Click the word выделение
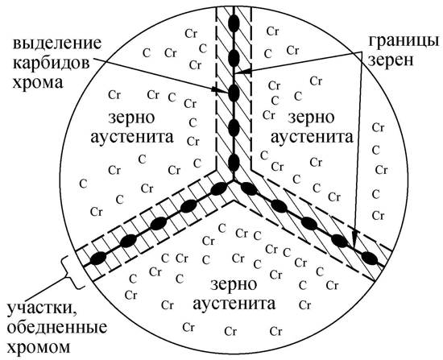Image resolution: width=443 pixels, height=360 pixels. coord(56,43)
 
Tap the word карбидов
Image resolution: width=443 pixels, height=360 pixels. coord(51,63)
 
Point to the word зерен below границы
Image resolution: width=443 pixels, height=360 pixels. coord(391,60)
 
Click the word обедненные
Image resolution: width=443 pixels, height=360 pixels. coord(57,328)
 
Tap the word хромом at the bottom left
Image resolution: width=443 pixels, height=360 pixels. coord(38,346)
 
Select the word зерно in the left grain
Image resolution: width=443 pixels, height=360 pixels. coord(131,118)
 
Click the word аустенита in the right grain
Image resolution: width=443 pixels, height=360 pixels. coord(312,138)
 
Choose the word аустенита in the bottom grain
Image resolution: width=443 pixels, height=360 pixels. coord(234,304)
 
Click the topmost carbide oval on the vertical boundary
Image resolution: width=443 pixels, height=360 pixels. coord(234,23)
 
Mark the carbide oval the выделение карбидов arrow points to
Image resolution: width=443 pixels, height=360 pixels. coord(234,93)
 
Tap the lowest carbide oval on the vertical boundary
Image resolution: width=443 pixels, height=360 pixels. coord(234,163)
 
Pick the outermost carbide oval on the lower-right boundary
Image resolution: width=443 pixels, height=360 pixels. coord(370,258)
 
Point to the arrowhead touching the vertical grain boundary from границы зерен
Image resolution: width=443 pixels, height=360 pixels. coord(243,71)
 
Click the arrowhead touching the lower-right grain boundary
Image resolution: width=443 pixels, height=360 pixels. coord(355,240)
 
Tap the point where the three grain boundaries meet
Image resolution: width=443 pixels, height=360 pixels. coord(234,180)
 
